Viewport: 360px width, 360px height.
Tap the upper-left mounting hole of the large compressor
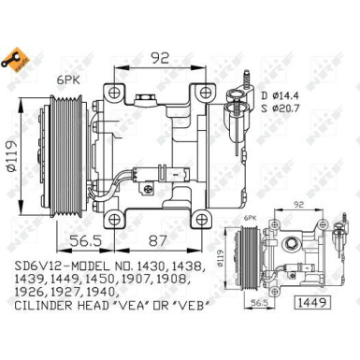click(115, 94)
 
